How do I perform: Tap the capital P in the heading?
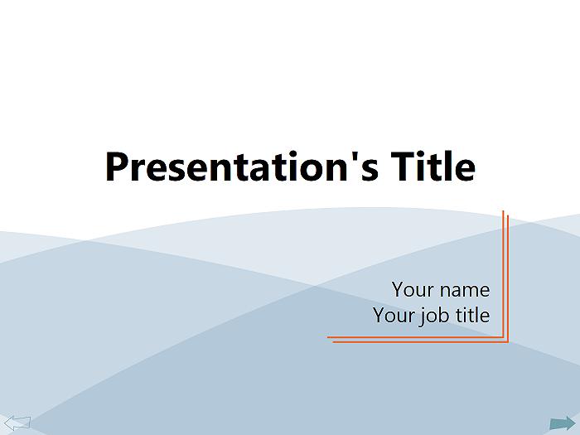tap(117, 167)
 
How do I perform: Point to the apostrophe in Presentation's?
tap(350, 157)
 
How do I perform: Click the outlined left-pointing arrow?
tap(17, 423)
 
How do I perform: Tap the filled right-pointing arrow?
tap(563, 423)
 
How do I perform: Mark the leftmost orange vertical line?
tap(503, 274)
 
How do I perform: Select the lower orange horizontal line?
tap(421, 341)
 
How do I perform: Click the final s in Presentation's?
tap(370, 171)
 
